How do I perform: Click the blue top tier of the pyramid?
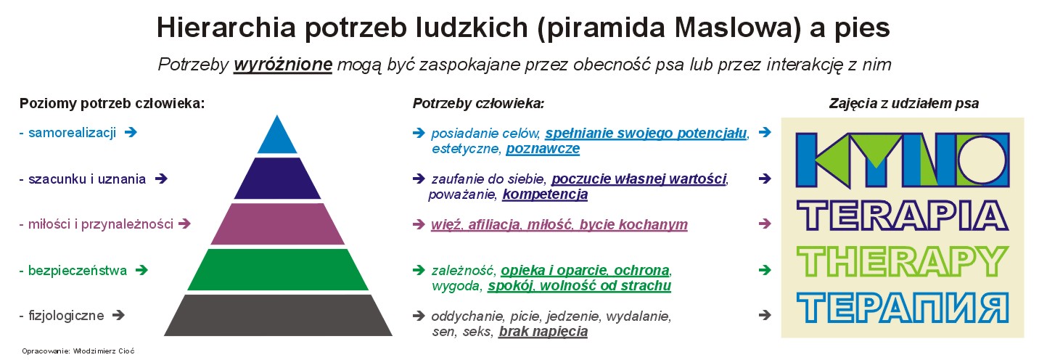277,138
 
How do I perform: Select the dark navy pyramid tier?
277,179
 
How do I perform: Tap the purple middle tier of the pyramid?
277,224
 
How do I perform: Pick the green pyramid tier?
278,270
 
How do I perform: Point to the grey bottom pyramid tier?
278,315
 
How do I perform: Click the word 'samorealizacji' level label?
72,133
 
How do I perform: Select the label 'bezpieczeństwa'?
78,270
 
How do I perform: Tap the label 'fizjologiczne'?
66,316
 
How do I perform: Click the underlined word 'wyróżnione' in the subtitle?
283,65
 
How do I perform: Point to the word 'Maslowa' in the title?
735,27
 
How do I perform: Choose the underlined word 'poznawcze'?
543,149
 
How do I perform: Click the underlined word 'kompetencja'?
545,194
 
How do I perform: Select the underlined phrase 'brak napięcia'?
543,332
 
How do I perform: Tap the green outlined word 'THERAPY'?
903,262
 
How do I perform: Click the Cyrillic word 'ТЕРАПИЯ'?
903,308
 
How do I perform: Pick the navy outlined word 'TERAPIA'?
903,216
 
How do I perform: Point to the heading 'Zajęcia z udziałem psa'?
904,103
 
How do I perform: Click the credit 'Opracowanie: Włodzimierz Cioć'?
78,351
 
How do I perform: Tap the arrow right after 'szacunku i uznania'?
161,179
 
